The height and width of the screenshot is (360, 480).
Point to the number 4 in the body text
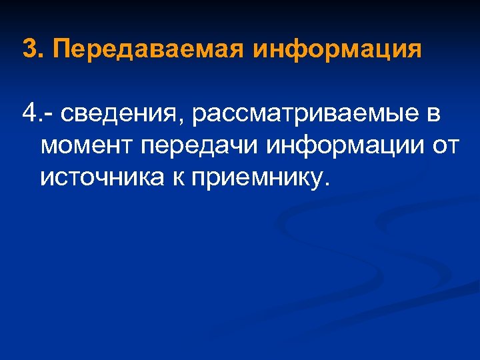point(29,113)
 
